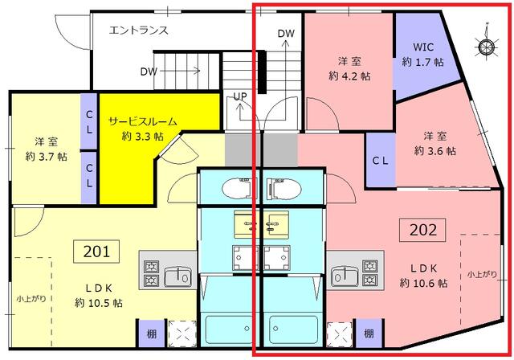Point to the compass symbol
coord(486,47)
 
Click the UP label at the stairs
coord(239,96)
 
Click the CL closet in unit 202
coord(381,159)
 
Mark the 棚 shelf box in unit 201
coord(150,332)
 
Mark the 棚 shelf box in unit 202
coord(369,332)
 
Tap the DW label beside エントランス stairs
coord(148,71)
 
